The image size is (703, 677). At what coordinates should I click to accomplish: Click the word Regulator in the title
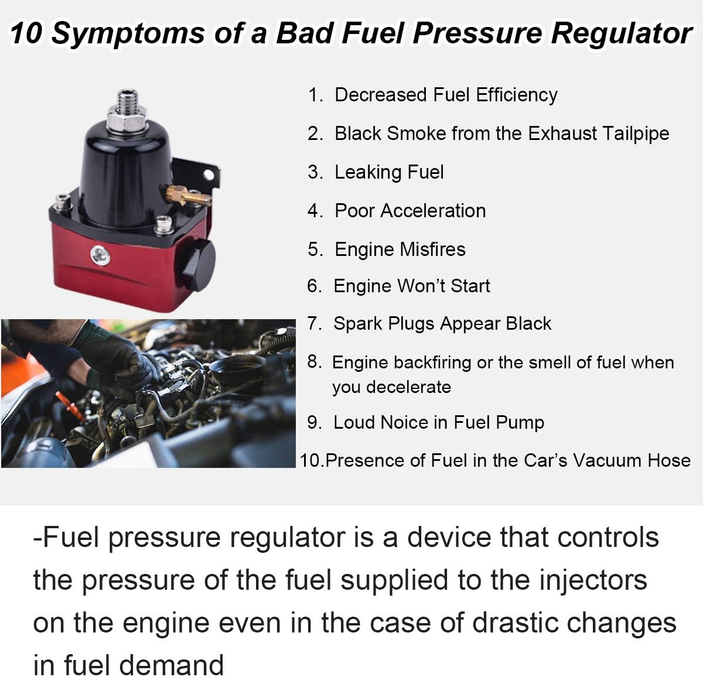coord(621,34)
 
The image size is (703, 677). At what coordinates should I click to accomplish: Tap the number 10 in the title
coord(26,33)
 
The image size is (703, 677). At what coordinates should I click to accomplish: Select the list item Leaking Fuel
coord(388,172)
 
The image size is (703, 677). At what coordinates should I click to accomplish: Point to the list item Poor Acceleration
coord(409,211)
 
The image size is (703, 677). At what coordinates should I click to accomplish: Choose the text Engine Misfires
coord(400,249)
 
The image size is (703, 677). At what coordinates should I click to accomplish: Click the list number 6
coord(314,286)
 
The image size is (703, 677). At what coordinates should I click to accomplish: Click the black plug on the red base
coord(197,262)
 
